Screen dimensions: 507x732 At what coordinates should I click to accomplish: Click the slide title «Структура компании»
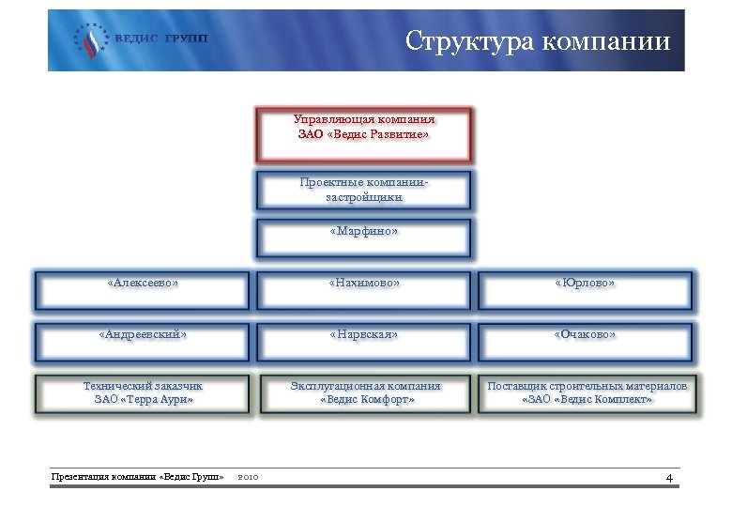(x=538, y=41)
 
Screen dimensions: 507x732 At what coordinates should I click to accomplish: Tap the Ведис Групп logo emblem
(x=91, y=40)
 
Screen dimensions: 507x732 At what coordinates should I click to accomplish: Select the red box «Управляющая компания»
(x=364, y=134)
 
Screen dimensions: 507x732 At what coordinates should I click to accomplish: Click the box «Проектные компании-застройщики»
(x=364, y=190)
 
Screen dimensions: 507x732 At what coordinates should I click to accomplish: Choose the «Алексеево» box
(x=143, y=290)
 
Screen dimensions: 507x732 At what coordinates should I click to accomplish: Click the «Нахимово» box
(x=364, y=290)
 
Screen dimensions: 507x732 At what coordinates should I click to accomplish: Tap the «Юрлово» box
(x=585, y=290)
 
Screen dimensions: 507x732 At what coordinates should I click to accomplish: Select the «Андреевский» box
(x=143, y=342)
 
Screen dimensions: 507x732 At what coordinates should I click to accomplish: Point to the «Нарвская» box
(x=364, y=342)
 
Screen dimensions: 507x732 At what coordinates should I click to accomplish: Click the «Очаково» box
(x=585, y=342)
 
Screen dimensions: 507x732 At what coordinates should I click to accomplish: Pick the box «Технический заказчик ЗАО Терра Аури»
(x=143, y=393)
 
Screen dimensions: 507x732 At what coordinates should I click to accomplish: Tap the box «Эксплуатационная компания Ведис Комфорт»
(x=364, y=393)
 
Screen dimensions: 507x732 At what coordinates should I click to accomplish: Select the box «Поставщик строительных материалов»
(x=587, y=393)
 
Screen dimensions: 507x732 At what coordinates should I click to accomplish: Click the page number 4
(x=669, y=479)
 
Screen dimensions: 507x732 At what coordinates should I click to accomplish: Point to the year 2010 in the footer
(x=249, y=478)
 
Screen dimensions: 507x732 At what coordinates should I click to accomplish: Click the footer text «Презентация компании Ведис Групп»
(x=137, y=478)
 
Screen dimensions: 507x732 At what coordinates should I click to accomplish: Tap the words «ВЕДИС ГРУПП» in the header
(x=160, y=40)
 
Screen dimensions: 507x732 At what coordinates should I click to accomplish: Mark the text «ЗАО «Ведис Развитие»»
(x=364, y=135)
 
